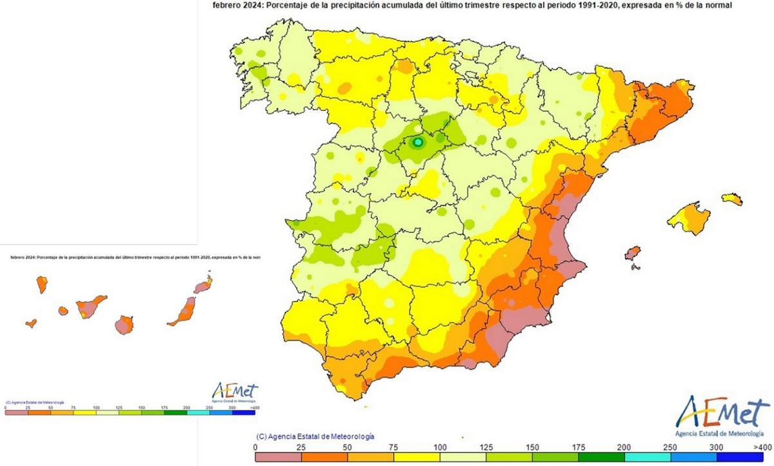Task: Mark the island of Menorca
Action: [x=732, y=199]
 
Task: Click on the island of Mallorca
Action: [x=689, y=218]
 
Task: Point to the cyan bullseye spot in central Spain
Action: [x=417, y=142]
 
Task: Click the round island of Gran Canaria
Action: [x=125, y=325]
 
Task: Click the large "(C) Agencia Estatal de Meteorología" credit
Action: [x=315, y=437]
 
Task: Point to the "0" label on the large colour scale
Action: [x=256, y=447]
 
